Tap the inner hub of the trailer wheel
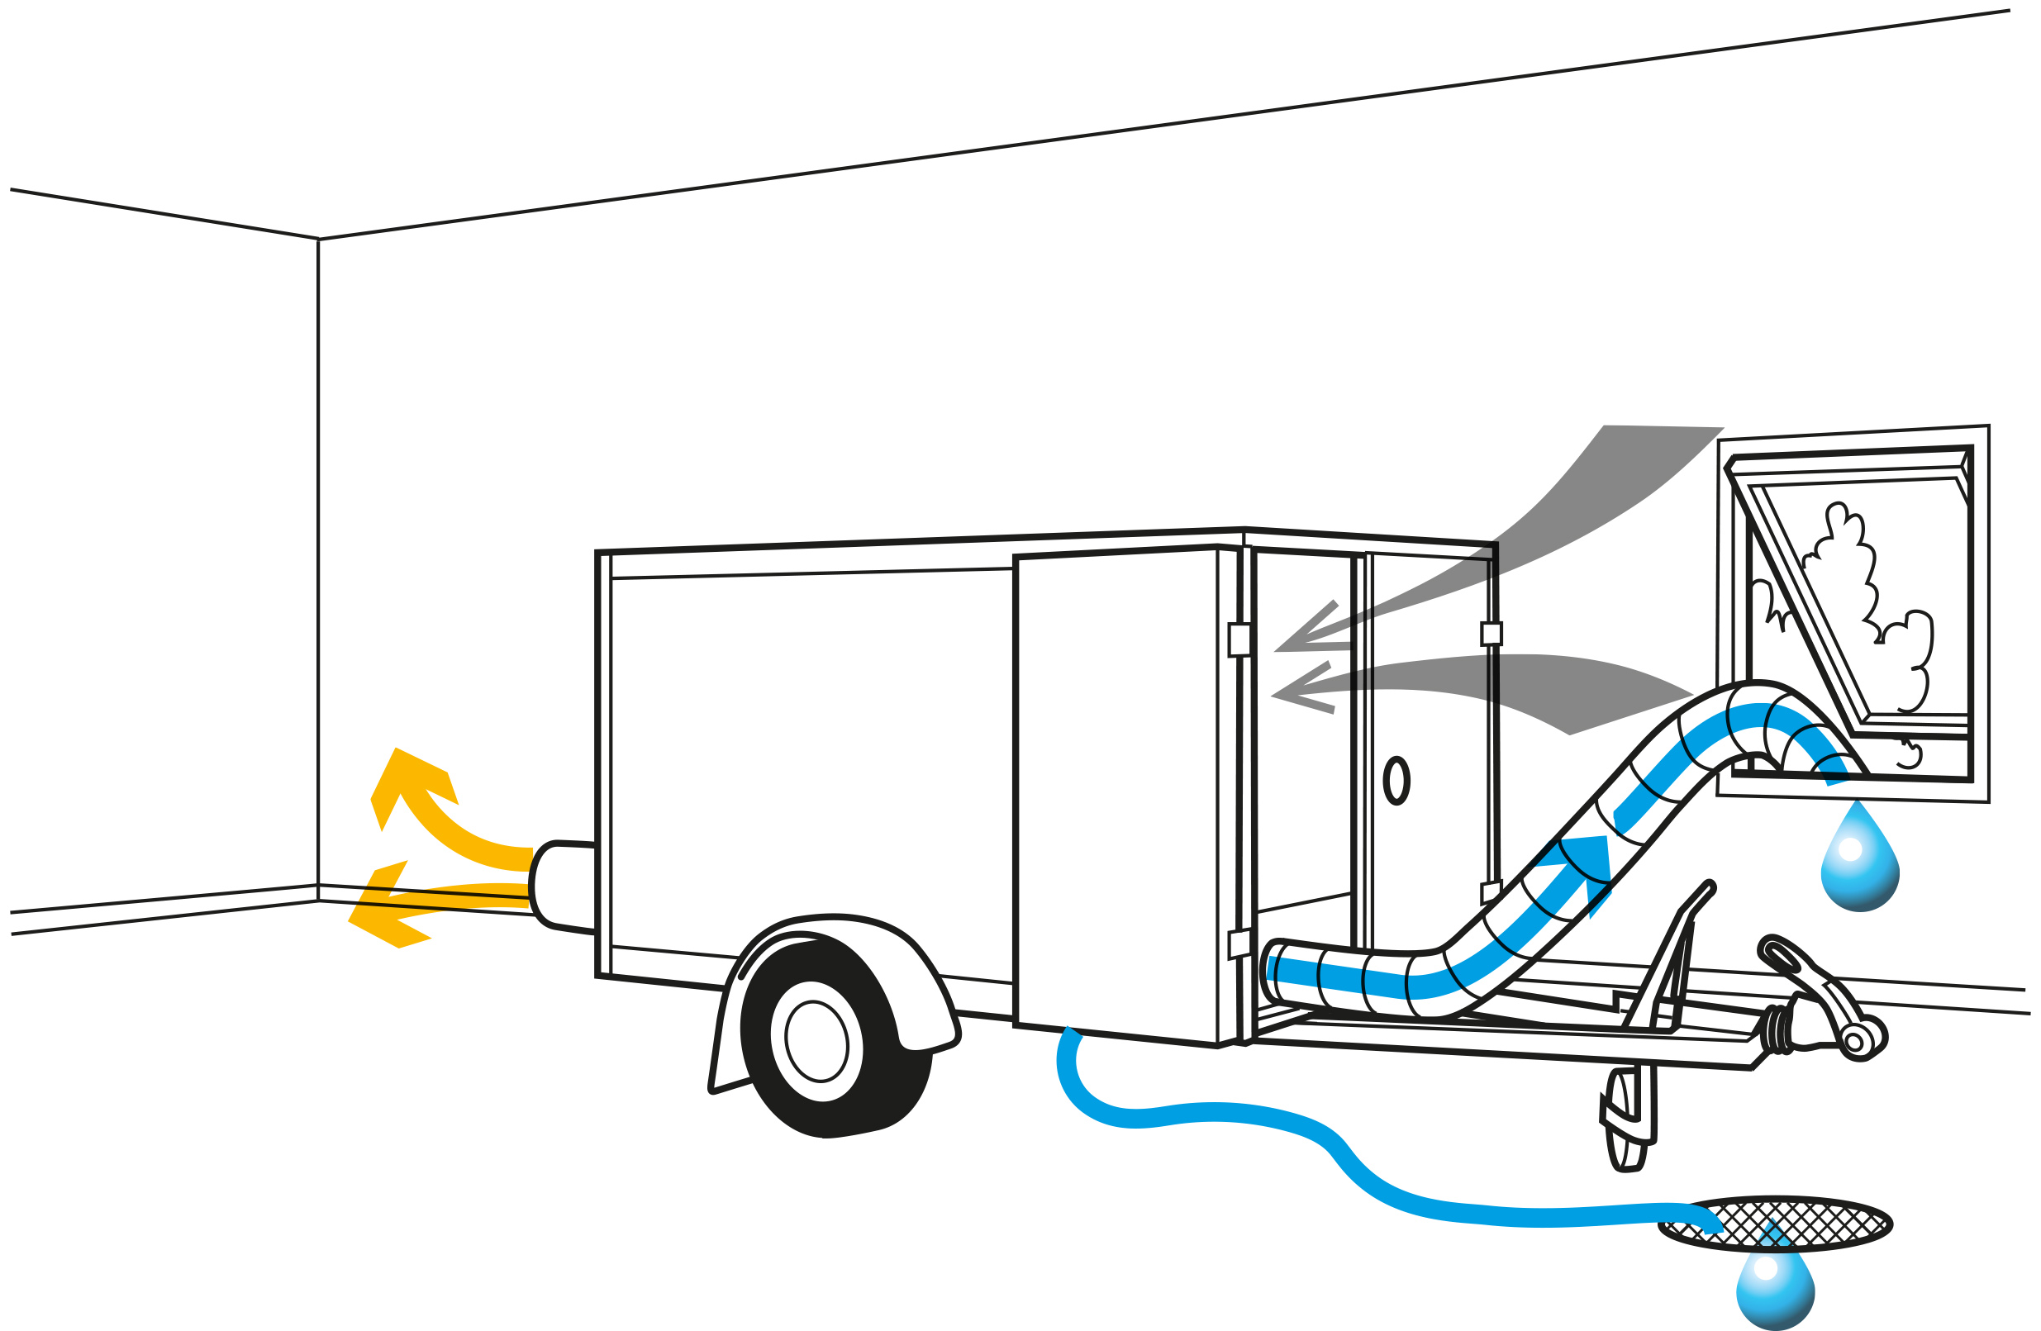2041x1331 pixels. pyautogui.click(x=816, y=1041)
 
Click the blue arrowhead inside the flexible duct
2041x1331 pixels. pyautogui.click(x=1587, y=866)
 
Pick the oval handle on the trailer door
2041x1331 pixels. pyautogui.click(x=1396, y=781)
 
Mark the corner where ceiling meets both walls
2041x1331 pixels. pyautogui.click(x=318, y=240)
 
